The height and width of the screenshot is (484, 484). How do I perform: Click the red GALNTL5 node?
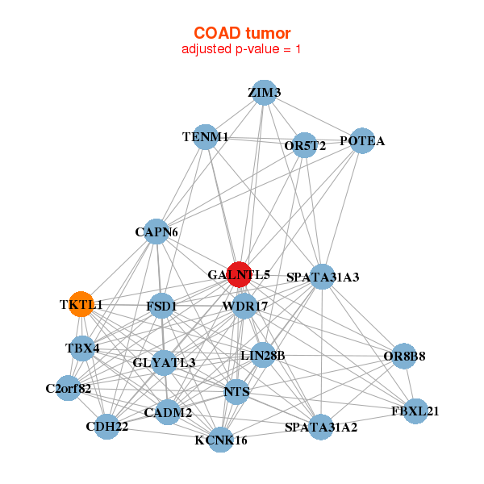tap(239, 274)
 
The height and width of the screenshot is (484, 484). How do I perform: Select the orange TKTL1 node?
tap(80, 304)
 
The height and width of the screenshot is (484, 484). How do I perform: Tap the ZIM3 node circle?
tap(264, 93)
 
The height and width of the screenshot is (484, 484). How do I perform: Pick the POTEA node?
tap(362, 141)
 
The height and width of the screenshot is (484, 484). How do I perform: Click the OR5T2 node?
tap(304, 145)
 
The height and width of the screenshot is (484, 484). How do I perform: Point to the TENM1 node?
tap(206, 137)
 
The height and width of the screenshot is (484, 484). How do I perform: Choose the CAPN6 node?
tap(156, 232)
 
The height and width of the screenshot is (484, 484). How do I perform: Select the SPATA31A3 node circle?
tap(322, 277)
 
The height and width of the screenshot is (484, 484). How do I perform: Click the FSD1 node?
tap(161, 307)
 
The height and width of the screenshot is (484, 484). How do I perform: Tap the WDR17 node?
tap(244, 307)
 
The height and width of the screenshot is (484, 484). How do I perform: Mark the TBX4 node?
tap(82, 348)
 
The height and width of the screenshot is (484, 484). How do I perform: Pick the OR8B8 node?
tap(405, 355)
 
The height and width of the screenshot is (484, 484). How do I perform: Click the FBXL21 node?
tap(415, 411)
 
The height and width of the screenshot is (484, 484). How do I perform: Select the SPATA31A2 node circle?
tap(321, 426)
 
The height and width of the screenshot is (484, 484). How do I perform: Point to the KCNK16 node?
tap(220, 440)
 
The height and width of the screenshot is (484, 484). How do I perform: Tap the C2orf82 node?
tap(69, 388)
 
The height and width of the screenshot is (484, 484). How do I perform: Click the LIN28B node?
tap(263, 355)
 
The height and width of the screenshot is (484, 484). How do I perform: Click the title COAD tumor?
tap(242, 33)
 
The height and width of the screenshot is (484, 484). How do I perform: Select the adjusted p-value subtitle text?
tap(242, 49)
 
